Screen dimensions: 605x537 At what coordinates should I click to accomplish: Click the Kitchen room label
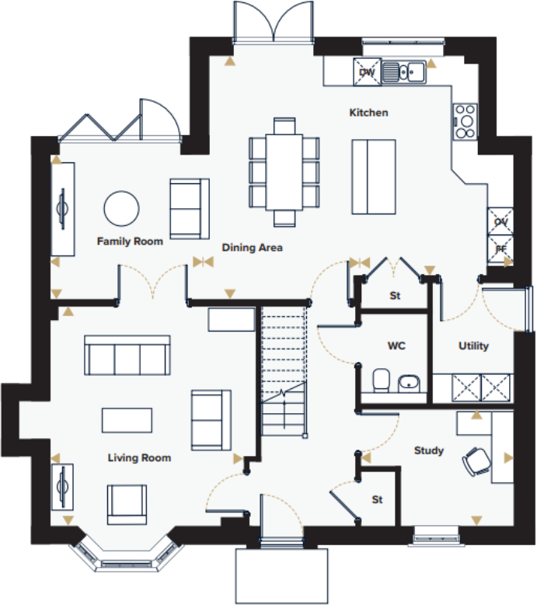tap(368, 113)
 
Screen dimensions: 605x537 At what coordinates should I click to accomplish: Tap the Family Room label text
tap(130, 242)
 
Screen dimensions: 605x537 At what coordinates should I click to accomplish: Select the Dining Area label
tap(252, 248)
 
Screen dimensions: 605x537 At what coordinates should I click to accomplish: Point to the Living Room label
tap(139, 458)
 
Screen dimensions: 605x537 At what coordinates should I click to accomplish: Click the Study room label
tap(428, 450)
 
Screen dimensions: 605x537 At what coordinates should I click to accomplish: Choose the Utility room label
tap(472, 346)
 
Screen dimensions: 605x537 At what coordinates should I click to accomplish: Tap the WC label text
tap(396, 345)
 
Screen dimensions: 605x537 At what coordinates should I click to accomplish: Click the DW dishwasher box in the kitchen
tap(368, 71)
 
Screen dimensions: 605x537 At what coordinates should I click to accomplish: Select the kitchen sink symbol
tap(406, 71)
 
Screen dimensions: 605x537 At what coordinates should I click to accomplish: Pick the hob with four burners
tap(465, 121)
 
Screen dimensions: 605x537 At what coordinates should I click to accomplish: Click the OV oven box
tap(500, 221)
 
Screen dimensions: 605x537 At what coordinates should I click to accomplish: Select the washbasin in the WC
tap(409, 382)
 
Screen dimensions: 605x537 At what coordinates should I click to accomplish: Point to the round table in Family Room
tap(122, 208)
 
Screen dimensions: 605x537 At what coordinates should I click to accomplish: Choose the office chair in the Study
tap(476, 461)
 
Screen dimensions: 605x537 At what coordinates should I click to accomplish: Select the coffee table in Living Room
tap(127, 419)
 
